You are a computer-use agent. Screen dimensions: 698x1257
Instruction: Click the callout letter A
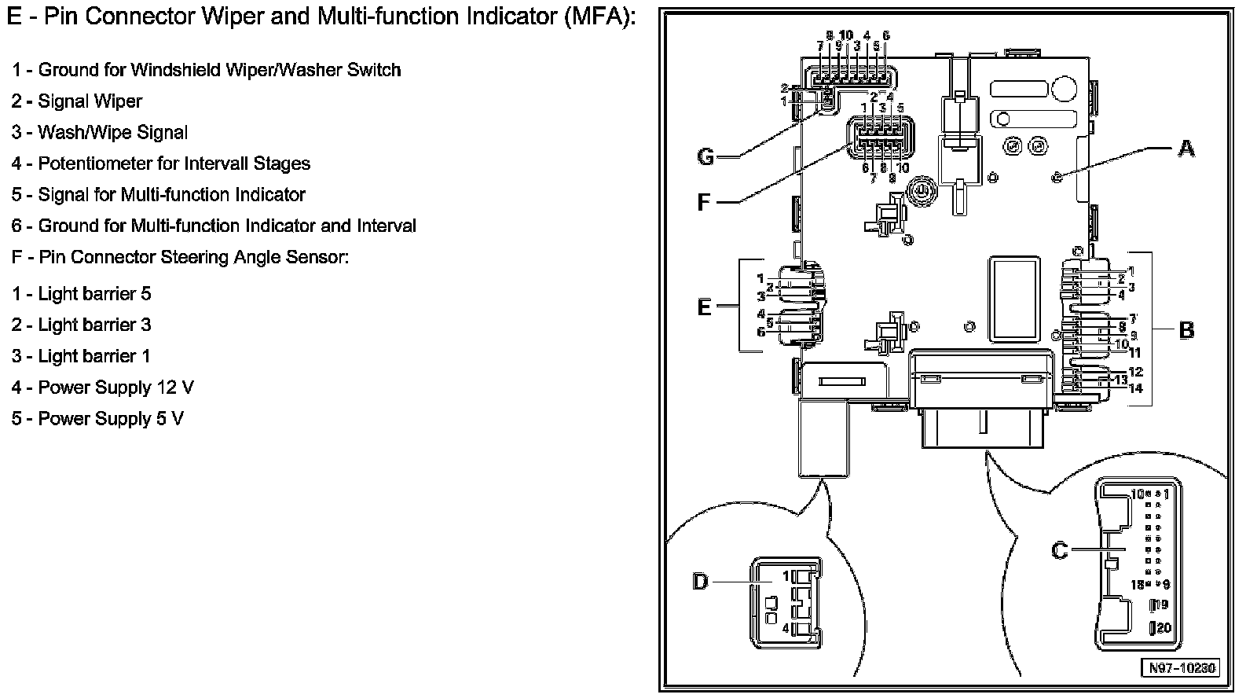point(1186,148)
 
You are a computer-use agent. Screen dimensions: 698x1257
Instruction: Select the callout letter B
point(1186,330)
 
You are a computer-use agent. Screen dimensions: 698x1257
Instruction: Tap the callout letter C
point(1060,550)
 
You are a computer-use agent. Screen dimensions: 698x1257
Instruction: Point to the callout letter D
point(700,582)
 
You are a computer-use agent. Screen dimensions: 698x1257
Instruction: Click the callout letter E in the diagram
point(704,307)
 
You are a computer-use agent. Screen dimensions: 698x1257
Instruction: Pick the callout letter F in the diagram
point(704,203)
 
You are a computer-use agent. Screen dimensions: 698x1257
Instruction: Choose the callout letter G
point(705,157)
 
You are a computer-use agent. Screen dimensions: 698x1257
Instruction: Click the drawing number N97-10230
point(1181,668)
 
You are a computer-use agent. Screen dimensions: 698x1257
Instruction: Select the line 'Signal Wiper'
point(90,101)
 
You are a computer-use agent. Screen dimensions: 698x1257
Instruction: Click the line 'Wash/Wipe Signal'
point(112,132)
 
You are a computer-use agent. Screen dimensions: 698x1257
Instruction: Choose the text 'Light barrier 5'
point(94,294)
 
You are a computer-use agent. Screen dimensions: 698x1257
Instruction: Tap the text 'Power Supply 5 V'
point(111,418)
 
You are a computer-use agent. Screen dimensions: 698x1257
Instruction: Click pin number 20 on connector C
point(1164,628)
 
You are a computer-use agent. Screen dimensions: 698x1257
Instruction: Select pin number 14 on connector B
point(1135,388)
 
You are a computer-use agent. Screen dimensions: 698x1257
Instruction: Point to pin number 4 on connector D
point(786,628)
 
